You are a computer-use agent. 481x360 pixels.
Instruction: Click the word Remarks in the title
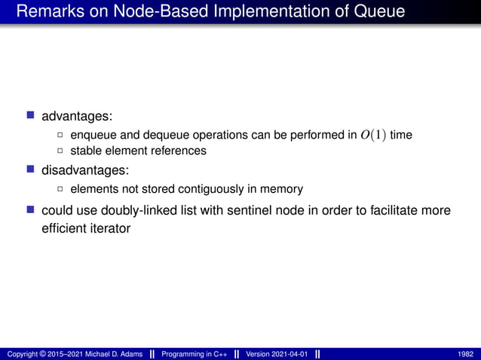click(47, 12)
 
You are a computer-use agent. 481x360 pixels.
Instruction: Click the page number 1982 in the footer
click(466, 354)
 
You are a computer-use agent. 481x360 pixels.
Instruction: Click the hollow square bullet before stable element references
click(61, 151)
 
